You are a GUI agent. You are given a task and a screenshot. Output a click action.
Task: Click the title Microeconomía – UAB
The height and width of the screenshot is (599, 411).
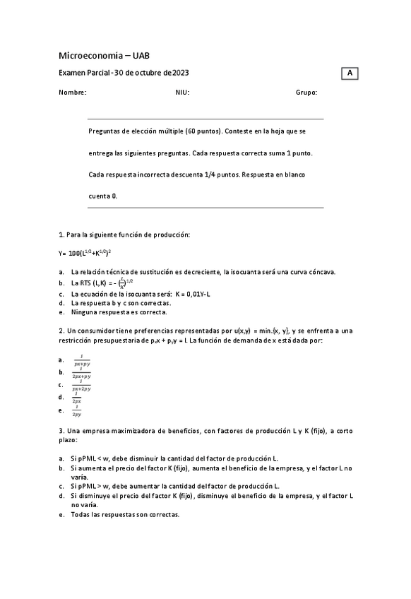[x=104, y=55]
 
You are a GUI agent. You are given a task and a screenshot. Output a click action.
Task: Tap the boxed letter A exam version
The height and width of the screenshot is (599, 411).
[x=350, y=73]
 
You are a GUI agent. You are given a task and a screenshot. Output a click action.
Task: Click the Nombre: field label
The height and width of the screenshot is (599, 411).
[x=73, y=92]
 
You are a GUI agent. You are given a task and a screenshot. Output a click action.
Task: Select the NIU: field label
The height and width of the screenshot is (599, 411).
[x=182, y=92]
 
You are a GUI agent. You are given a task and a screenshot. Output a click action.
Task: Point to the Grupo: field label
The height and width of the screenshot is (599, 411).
[x=306, y=92]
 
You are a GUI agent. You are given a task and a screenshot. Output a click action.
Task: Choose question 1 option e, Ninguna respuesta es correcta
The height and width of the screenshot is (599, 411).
[x=119, y=312]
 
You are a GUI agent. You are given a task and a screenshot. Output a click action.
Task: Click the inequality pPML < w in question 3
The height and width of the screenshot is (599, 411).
[x=92, y=458]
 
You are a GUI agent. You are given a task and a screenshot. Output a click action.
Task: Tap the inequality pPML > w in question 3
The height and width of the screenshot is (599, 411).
[x=92, y=486]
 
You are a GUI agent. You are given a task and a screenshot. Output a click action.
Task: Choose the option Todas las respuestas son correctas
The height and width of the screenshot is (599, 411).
[x=125, y=514]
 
